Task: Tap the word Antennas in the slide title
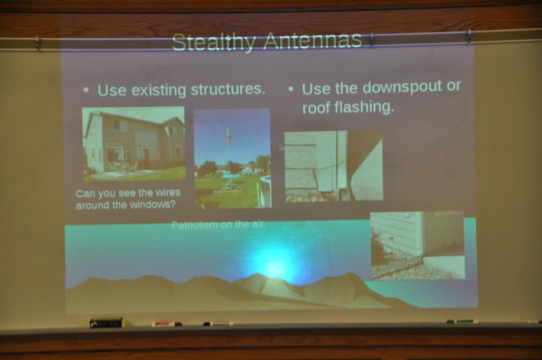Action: tap(312, 41)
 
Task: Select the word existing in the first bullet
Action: tap(159, 91)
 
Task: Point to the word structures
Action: tap(228, 89)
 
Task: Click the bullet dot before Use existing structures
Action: tap(86, 91)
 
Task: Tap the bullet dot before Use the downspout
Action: tap(291, 89)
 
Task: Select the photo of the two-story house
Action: tap(134, 143)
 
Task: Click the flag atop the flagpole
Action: tap(228, 136)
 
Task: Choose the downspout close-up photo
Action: tap(334, 166)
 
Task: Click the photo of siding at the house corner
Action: tap(418, 245)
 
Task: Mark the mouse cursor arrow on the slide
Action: tap(281, 147)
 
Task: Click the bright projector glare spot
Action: tap(275, 268)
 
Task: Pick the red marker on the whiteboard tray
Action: tap(167, 324)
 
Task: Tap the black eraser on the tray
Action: tap(107, 323)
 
